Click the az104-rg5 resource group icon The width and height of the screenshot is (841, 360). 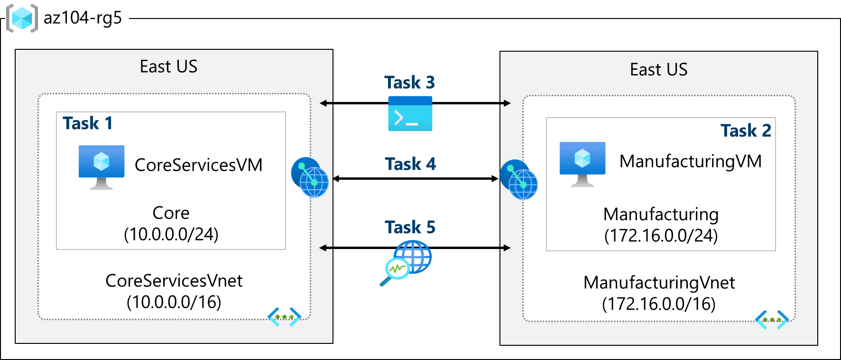click(22, 18)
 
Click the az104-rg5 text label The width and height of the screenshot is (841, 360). click(83, 18)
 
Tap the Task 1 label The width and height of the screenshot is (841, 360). click(87, 123)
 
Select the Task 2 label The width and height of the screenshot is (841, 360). click(746, 130)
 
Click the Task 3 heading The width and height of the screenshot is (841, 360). click(409, 83)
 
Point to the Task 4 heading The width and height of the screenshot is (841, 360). click(410, 164)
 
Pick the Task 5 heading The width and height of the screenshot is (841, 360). click(410, 227)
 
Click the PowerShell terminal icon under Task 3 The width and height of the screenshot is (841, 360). click(410, 114)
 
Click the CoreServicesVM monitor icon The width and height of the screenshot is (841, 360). click(102, 166)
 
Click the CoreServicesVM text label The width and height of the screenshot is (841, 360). click(198, 165)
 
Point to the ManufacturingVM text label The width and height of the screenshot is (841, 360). click(690, 161)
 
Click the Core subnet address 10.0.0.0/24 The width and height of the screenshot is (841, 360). click(171, 234)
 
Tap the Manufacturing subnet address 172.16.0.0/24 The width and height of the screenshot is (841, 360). click(661, 236)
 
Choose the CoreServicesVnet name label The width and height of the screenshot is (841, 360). click(174, 281)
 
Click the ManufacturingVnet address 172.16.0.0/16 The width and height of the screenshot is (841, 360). click(658, 304)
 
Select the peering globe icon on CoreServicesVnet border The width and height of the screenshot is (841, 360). click(310, 177)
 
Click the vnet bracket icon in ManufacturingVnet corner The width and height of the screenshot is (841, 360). click(771, 320)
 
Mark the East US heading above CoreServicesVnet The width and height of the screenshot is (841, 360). click(168, 67)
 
